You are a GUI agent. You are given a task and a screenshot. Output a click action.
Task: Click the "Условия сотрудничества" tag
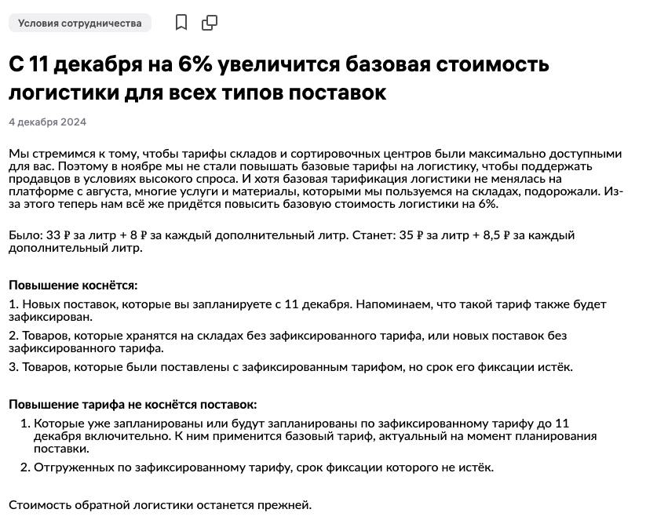79,23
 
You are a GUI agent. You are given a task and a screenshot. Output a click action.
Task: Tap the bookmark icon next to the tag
181,23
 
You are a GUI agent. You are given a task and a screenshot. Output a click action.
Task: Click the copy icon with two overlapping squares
210,23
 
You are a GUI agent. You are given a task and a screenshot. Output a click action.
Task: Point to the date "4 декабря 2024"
47,122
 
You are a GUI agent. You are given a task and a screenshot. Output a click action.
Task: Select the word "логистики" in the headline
61,93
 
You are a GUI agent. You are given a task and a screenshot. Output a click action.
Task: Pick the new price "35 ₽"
412,235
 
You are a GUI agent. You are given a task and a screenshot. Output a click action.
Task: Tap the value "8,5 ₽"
495,235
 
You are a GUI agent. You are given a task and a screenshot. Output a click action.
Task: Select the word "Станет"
373,235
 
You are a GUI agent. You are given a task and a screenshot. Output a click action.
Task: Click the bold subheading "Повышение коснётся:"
73,286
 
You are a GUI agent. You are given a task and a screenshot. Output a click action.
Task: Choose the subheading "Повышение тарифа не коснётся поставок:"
133,405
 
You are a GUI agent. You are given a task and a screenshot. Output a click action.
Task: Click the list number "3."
13,367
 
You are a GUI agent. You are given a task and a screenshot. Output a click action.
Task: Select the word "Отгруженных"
71,467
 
